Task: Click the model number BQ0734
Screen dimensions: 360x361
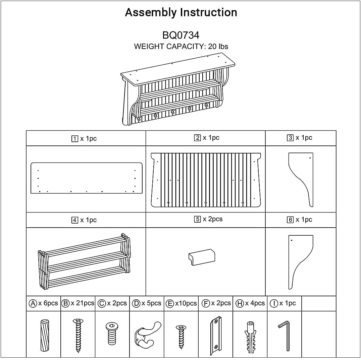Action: (x=181, y=35)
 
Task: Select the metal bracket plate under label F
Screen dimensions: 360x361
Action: (x=216, y=335)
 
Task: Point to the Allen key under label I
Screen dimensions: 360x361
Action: (x=285, y=335)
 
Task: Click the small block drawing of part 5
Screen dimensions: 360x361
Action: (x=201, y=257)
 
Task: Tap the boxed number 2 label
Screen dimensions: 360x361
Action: (x=198, y=138)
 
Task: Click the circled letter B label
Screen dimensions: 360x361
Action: (x=66, y=303)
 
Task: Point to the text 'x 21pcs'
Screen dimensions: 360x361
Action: (x=83, y=303)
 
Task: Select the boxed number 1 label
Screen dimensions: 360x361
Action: (x=75, y=139)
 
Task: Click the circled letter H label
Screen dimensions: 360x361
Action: (x=240, y=303)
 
